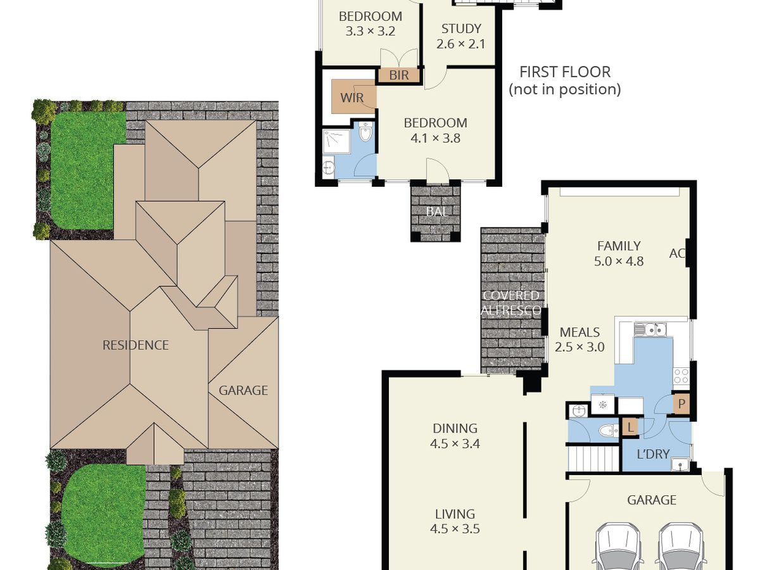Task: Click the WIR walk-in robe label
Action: [x=351, y=98]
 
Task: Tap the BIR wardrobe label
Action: [x=399, y=75]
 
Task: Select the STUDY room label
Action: [x=461, y=28]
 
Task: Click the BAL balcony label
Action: [x=437, y=212]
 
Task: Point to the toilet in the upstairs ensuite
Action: [x=365, y=132]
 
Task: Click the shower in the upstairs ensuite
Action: [x=336, y=141]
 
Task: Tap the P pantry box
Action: [x=681, y=403]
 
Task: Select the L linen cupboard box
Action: [x=631, y=427]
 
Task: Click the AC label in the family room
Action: [x=677, y=253]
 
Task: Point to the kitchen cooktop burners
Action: [x=681, y=376]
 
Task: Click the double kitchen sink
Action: [x=650, y=329]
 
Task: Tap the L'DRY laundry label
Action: [x=653, y=453]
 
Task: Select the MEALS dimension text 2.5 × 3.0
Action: [x=579, y=347]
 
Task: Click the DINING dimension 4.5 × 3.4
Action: [x=455, y=443]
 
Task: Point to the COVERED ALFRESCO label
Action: [x=510, y=303]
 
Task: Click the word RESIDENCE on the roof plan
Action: [x=136, y=345]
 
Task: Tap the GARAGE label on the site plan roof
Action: [x=243, y=391]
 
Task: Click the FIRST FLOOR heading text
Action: [x=565, y=72]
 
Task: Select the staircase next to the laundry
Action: [x=593, y=459]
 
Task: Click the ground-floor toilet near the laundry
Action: [x=609, y=431]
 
